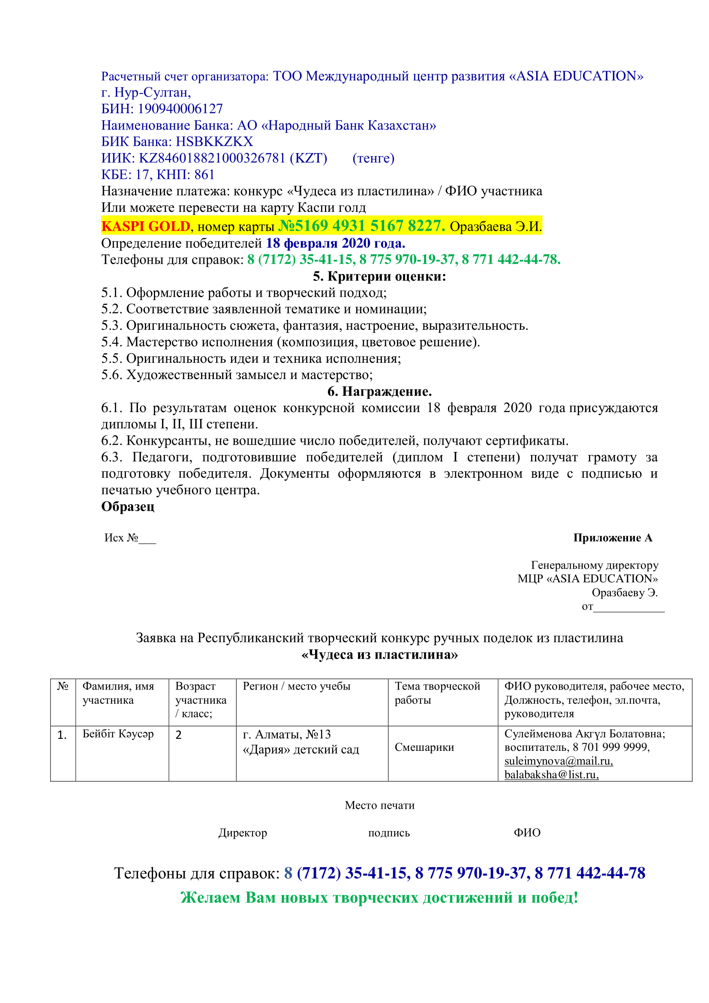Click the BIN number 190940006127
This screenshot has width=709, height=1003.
tap(180, 109)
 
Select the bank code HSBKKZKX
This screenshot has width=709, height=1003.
tap(214, 142)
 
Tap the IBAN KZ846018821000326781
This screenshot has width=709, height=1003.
tap(212, 158)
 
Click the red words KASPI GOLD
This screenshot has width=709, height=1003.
tap(146, 226)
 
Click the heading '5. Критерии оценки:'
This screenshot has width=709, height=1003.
tap(379, 277)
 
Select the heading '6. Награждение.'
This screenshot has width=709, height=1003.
tap(379, 392)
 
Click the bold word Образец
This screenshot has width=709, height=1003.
tap(128, 507)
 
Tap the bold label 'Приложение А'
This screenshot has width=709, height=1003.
tap(613, 538)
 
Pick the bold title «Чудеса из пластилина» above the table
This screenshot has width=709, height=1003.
tap(379, 654)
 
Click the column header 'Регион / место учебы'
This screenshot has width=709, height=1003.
tap(297, 686)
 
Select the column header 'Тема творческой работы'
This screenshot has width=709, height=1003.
tap(437, 693)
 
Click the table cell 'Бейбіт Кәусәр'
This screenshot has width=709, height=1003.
tap(118, 734)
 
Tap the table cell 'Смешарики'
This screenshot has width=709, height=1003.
tap(424, 747)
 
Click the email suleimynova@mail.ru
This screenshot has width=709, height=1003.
tap(559, 761)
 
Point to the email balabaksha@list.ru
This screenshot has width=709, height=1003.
tap(551, 774)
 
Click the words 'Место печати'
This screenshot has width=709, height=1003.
tap(379, 805)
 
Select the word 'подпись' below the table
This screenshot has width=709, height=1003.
tap(388, 833)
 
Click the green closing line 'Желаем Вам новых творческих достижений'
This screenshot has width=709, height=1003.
tap(379, 897)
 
